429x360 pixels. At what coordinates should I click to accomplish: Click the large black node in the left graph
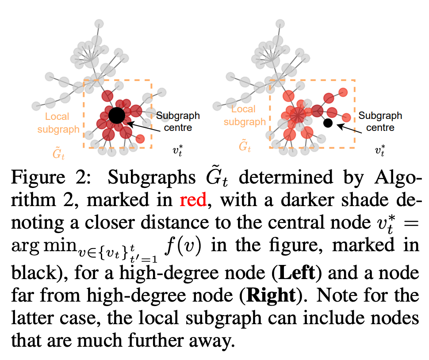coord(116,115)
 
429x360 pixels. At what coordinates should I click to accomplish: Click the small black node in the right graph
coord(328,123)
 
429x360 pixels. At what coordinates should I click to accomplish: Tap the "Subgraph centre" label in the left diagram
coord(178,122)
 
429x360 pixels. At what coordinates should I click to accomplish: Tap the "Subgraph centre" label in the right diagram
coord(380,121)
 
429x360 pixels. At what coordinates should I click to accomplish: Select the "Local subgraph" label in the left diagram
coord(57,123)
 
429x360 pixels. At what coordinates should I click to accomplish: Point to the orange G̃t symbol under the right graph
coord(244,146)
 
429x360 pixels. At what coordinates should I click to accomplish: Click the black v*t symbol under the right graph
coord(380,150)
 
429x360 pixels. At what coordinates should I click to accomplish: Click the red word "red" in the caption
coord(193,201)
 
